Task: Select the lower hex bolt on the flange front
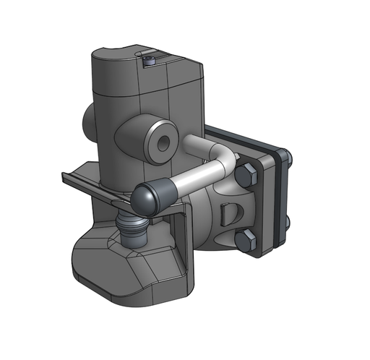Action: (245, 242)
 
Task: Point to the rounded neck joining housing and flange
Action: (213, 217)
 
